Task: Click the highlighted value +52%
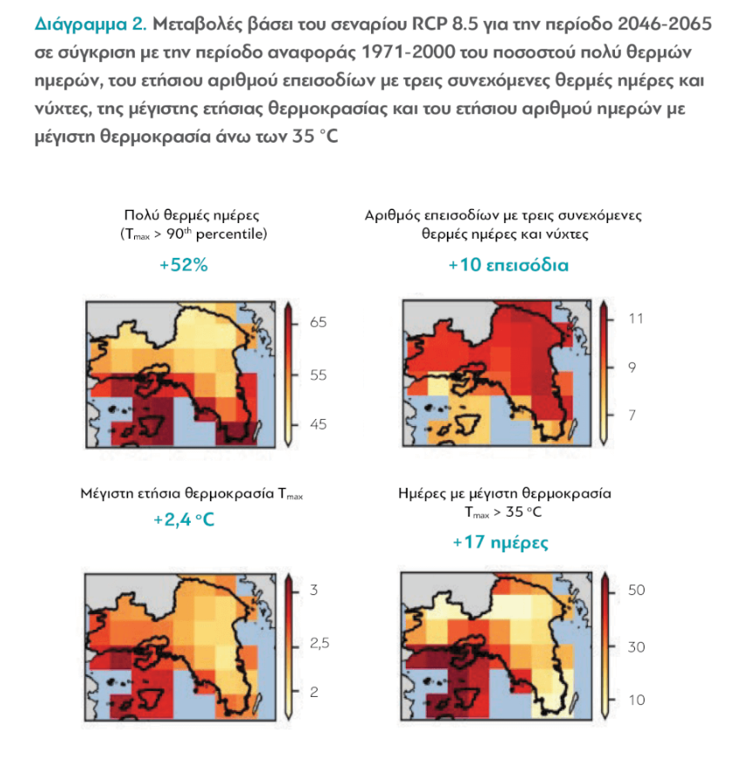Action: pos(184,266)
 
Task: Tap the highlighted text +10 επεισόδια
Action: pos(508,265)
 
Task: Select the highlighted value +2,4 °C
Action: pos(184,520)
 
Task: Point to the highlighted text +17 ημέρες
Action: pos(500,542)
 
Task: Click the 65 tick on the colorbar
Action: pos(318,322)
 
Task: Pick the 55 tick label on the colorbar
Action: pos(318,375)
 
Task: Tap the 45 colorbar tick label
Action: pos(318,424)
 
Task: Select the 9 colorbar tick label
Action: pos(632,368)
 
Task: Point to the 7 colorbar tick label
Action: pos(632,416)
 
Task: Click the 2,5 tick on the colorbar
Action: pos(322,644)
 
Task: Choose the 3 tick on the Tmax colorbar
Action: pos(315,591)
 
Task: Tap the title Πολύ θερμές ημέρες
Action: pos(193,216)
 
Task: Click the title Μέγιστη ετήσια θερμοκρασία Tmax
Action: pos(192,495)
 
